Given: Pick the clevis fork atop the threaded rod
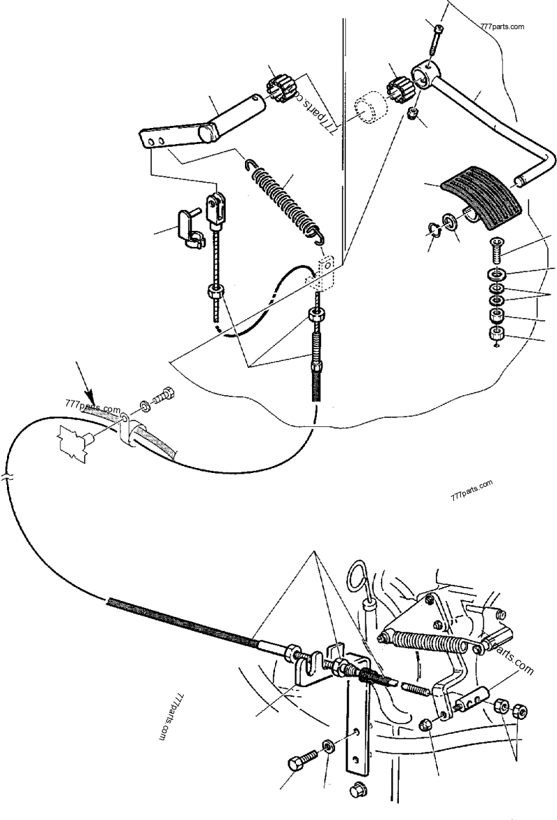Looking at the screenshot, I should point(216,211).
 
